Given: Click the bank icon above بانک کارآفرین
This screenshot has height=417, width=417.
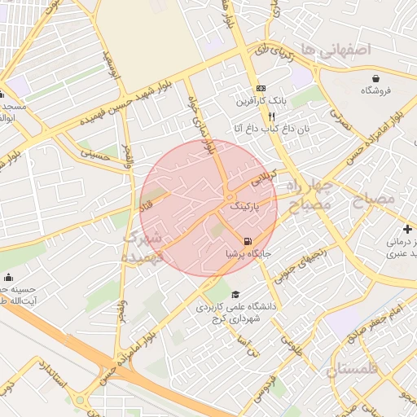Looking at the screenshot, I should [x=260, y=88].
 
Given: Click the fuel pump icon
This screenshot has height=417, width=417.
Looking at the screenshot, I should [x=247, y=240].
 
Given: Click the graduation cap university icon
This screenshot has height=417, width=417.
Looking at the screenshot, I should [x=235, y=294].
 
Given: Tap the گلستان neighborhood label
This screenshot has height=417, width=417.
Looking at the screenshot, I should [x=353, y=371].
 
